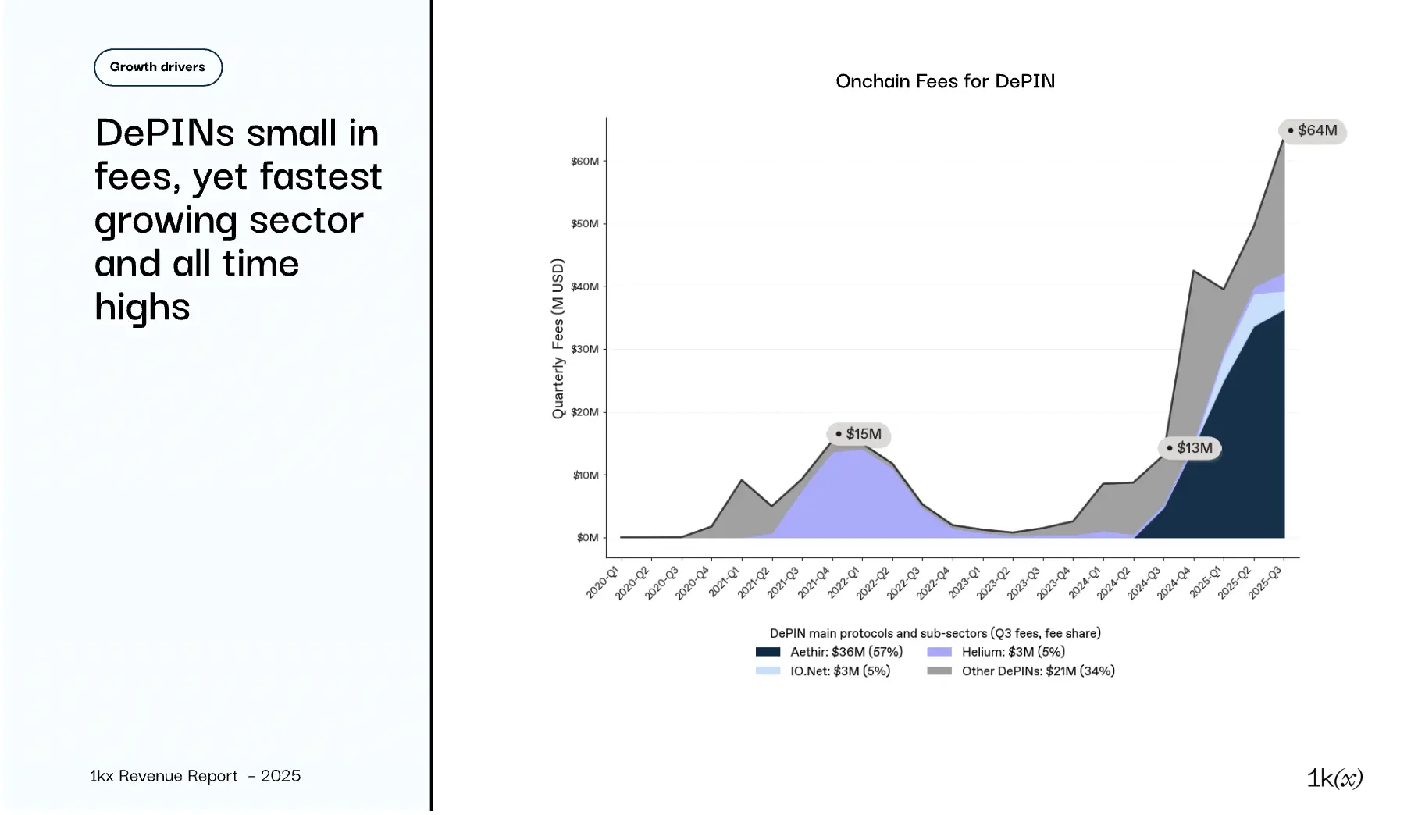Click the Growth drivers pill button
(158, 67)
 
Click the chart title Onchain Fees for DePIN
(945, 81)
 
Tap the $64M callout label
(1313, 130)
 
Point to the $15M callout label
(859, 434)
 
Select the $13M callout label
(1190, 448)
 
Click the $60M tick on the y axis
(585, 162)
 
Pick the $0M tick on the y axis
(587, 538)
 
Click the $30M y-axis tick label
(585, 349)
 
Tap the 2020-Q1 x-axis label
(602, 583)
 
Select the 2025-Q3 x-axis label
(1264, 583)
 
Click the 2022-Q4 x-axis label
(933, 583)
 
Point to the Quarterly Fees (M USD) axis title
(558, 339)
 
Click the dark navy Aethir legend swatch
(768, 652)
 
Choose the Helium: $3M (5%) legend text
(1013, 652)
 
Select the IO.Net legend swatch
(768, 671)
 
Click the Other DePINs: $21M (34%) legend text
(1038, 671)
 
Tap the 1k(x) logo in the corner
(1334, 778)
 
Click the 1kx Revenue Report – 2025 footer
(195, 776)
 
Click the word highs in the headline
(142, 307)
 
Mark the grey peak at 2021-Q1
(742, 481)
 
